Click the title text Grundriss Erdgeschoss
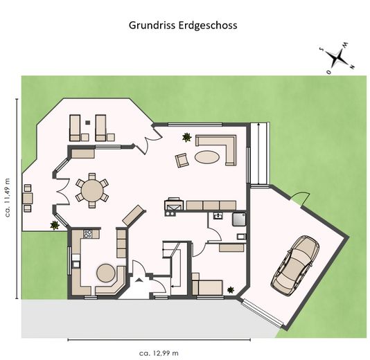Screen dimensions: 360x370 click(x=183, y=25)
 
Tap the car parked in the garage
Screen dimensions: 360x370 click(x=295, y=264)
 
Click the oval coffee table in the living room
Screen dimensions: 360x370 click(x=209, y=157)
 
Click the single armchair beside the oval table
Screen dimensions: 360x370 click(x=182, y=160)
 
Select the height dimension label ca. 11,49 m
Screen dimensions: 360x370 click(x=8, y=196)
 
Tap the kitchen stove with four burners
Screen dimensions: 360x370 click(x=88, y=234)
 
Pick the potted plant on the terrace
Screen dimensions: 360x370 click(x=54, y=224)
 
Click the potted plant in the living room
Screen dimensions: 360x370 click(x=186, y=137)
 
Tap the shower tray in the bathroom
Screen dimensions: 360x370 click(x=239, y=219)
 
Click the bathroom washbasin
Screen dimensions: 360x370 click(x=218, y=215)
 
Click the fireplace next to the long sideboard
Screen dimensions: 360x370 click(x=173, y=205)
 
